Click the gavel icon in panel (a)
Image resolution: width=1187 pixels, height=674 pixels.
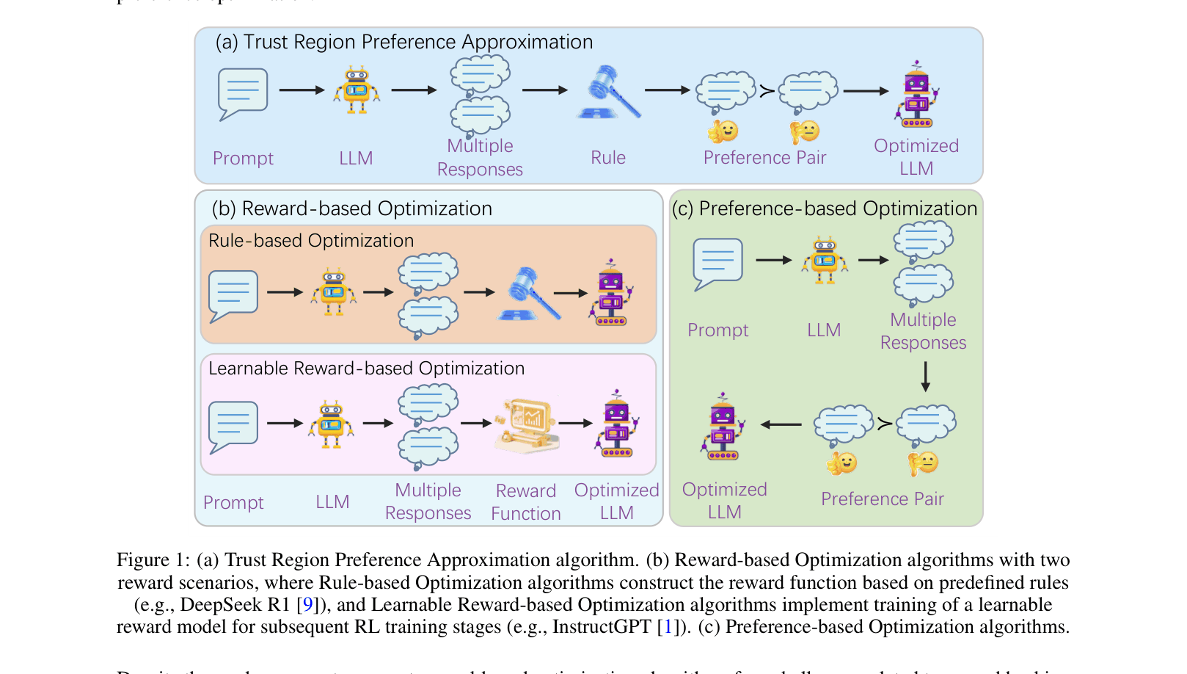(609, 93)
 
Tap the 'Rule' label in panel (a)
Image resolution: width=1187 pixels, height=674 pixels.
(608, 158)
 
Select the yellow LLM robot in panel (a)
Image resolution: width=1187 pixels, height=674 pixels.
(357, 90)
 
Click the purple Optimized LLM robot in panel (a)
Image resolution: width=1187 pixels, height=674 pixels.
(916, 95)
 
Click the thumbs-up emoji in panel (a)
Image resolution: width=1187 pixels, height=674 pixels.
(723, 131)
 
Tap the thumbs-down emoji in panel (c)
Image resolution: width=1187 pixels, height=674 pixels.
(924, 463)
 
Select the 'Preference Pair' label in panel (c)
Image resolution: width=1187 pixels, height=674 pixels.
(882, 499)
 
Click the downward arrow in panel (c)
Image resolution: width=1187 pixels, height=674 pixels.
(925, 377)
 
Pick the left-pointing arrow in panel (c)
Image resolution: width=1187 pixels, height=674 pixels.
(781, 424)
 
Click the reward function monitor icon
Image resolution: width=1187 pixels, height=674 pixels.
(527, 425)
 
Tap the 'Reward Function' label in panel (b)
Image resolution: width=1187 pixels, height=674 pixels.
(526, 502)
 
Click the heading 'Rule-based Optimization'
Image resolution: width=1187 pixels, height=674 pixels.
(311, 241)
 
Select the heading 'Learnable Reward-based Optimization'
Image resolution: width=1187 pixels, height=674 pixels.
(366, 369)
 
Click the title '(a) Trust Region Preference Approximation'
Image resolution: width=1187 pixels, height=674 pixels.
(403, 43)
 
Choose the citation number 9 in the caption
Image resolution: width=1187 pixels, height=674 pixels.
(307, 605)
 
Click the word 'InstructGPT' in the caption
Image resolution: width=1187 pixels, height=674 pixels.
(602, 627)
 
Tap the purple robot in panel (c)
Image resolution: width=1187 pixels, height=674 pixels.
(723, 427)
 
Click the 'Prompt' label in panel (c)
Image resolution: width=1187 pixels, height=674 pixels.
(717, 330)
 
